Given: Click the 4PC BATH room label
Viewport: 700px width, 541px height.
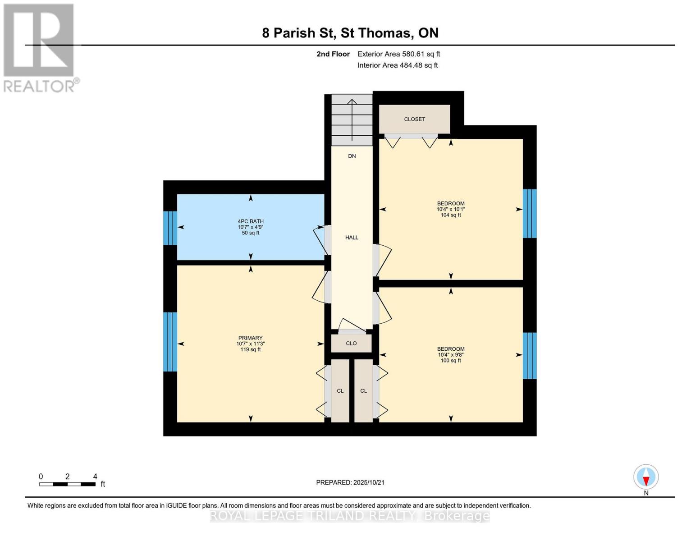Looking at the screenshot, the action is click(251, 221).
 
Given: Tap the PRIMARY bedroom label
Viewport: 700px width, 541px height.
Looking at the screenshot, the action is click(250, 338).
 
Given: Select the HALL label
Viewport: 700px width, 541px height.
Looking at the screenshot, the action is click(352, 238).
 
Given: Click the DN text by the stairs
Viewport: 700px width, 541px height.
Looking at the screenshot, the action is click(352, 156).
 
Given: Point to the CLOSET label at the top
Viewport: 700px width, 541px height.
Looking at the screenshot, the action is click(415, 119).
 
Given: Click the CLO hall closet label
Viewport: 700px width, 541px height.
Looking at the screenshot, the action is click(351, 344).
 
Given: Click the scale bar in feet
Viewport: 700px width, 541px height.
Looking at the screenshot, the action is click(67, 484).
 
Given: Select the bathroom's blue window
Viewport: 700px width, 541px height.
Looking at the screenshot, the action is click(170, 228).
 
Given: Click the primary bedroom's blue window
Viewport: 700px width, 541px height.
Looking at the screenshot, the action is click(170, 342).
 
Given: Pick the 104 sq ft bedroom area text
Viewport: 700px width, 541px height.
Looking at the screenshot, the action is click(451, 215).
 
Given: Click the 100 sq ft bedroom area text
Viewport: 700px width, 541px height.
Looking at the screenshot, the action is click(451, 361).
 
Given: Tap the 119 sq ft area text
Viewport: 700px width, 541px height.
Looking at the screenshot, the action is click(250, 349).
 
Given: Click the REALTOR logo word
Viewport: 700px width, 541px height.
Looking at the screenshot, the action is click(39, 87).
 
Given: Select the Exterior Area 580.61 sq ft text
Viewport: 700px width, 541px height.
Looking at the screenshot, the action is click(399, 54).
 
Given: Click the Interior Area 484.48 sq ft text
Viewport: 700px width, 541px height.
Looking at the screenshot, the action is click(398, 65).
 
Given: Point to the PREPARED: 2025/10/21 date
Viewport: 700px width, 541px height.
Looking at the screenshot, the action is click(350, 482).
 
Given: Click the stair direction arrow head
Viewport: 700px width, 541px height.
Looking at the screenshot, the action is click(352, 102).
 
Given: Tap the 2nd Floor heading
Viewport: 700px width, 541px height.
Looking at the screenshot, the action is click(333, 54).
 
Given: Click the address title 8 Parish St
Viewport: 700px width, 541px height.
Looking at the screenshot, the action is click(297, 33).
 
